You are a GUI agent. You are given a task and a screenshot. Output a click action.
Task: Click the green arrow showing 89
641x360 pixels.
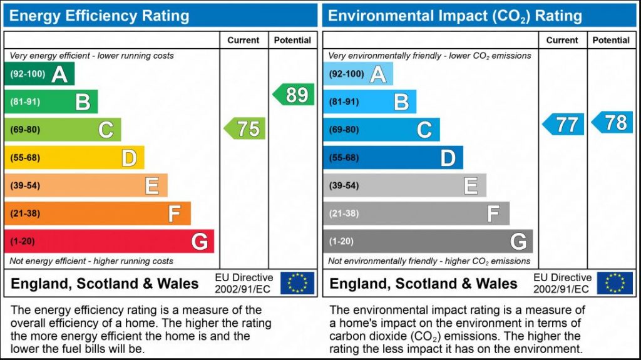coord(294,95)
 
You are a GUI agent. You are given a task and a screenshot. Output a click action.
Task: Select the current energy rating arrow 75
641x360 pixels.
coord(245,129)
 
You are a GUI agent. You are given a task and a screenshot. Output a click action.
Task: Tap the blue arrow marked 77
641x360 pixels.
coord(564,124)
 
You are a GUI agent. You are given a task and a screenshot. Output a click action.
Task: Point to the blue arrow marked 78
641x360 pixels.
coord(613,122)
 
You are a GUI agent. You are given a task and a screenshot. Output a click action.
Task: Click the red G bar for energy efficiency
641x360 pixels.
coord(110,241)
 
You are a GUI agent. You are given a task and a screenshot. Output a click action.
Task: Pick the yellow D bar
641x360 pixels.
coord(74,158)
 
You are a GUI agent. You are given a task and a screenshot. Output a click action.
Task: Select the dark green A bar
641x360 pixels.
coord(39,74)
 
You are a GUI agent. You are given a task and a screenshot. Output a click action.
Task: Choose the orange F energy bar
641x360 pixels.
coord(98,213)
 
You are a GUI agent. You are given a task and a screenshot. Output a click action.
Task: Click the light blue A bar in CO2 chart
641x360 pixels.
coord(358,74)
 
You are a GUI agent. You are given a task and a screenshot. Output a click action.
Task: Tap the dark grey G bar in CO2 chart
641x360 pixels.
coord(428,241)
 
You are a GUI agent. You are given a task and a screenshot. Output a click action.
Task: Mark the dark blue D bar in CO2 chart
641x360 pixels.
coord(393,158)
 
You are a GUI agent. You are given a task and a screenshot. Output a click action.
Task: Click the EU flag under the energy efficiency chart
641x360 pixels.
coord(297,283)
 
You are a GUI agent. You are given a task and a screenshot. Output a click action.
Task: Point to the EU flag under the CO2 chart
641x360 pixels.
coord(615,283)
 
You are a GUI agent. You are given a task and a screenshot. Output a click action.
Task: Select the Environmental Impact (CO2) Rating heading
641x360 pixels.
coord(455,16)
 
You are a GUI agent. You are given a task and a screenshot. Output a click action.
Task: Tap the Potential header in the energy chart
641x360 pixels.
coord(292,40)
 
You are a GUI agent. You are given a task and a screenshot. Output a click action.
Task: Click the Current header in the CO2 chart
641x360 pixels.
coord(562,40)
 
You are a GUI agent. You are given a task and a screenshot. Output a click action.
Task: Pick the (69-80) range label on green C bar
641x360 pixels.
coord(25,130)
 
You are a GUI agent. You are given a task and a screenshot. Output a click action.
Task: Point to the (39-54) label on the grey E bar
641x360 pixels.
coord(344,185)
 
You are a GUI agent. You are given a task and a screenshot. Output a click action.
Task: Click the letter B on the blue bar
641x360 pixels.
coord(401,101)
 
